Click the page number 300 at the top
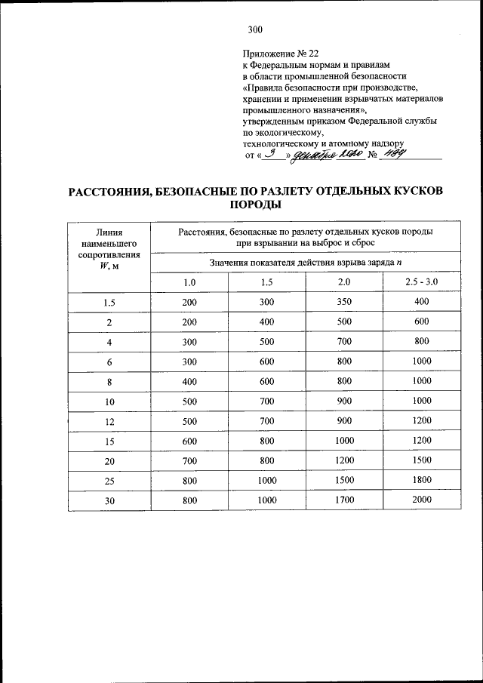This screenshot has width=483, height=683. coord(254,30)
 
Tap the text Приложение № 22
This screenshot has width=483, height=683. coord(281,54)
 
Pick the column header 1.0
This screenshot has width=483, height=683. coord(189,282)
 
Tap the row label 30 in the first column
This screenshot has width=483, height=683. coord(109,501)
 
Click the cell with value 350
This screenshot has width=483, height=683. coord(344,302)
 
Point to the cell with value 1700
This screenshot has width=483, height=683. coord(344,500)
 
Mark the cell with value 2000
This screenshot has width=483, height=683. coord(421,500)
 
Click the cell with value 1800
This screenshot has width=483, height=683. coord(421,481)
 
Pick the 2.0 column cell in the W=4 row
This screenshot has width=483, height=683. coord(344,342)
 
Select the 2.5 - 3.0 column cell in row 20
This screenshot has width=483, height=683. coord(421,460)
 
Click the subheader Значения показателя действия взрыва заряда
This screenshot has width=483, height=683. coord(306,262)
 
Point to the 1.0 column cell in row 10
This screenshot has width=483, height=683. coord(189,401)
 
